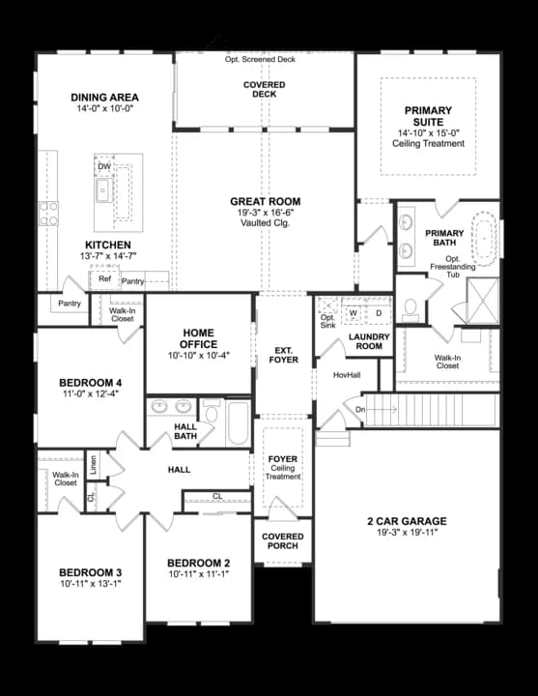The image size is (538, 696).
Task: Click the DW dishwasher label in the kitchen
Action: click(103, 167)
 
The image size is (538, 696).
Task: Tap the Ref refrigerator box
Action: click(103, 280)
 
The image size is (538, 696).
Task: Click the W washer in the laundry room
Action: click(353, 312)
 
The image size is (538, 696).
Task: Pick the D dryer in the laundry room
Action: click(378, 312)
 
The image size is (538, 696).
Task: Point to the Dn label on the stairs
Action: click(361, 409)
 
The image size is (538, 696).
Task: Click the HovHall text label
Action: click(346, 374)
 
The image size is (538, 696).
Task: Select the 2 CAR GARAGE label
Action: click(406, 522)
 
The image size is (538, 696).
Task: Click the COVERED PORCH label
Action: click(282, 542)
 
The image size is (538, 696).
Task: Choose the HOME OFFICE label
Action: click(198, 338)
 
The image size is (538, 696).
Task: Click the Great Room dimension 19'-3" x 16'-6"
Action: click(265, 213)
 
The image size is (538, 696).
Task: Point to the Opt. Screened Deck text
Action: click(260, 59)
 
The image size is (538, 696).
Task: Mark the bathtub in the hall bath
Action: click(238, 422)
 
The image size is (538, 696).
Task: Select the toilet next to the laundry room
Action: click(410, 308)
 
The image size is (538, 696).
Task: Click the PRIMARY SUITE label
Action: click(428, 116)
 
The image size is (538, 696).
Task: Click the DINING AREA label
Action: click(104, 98)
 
